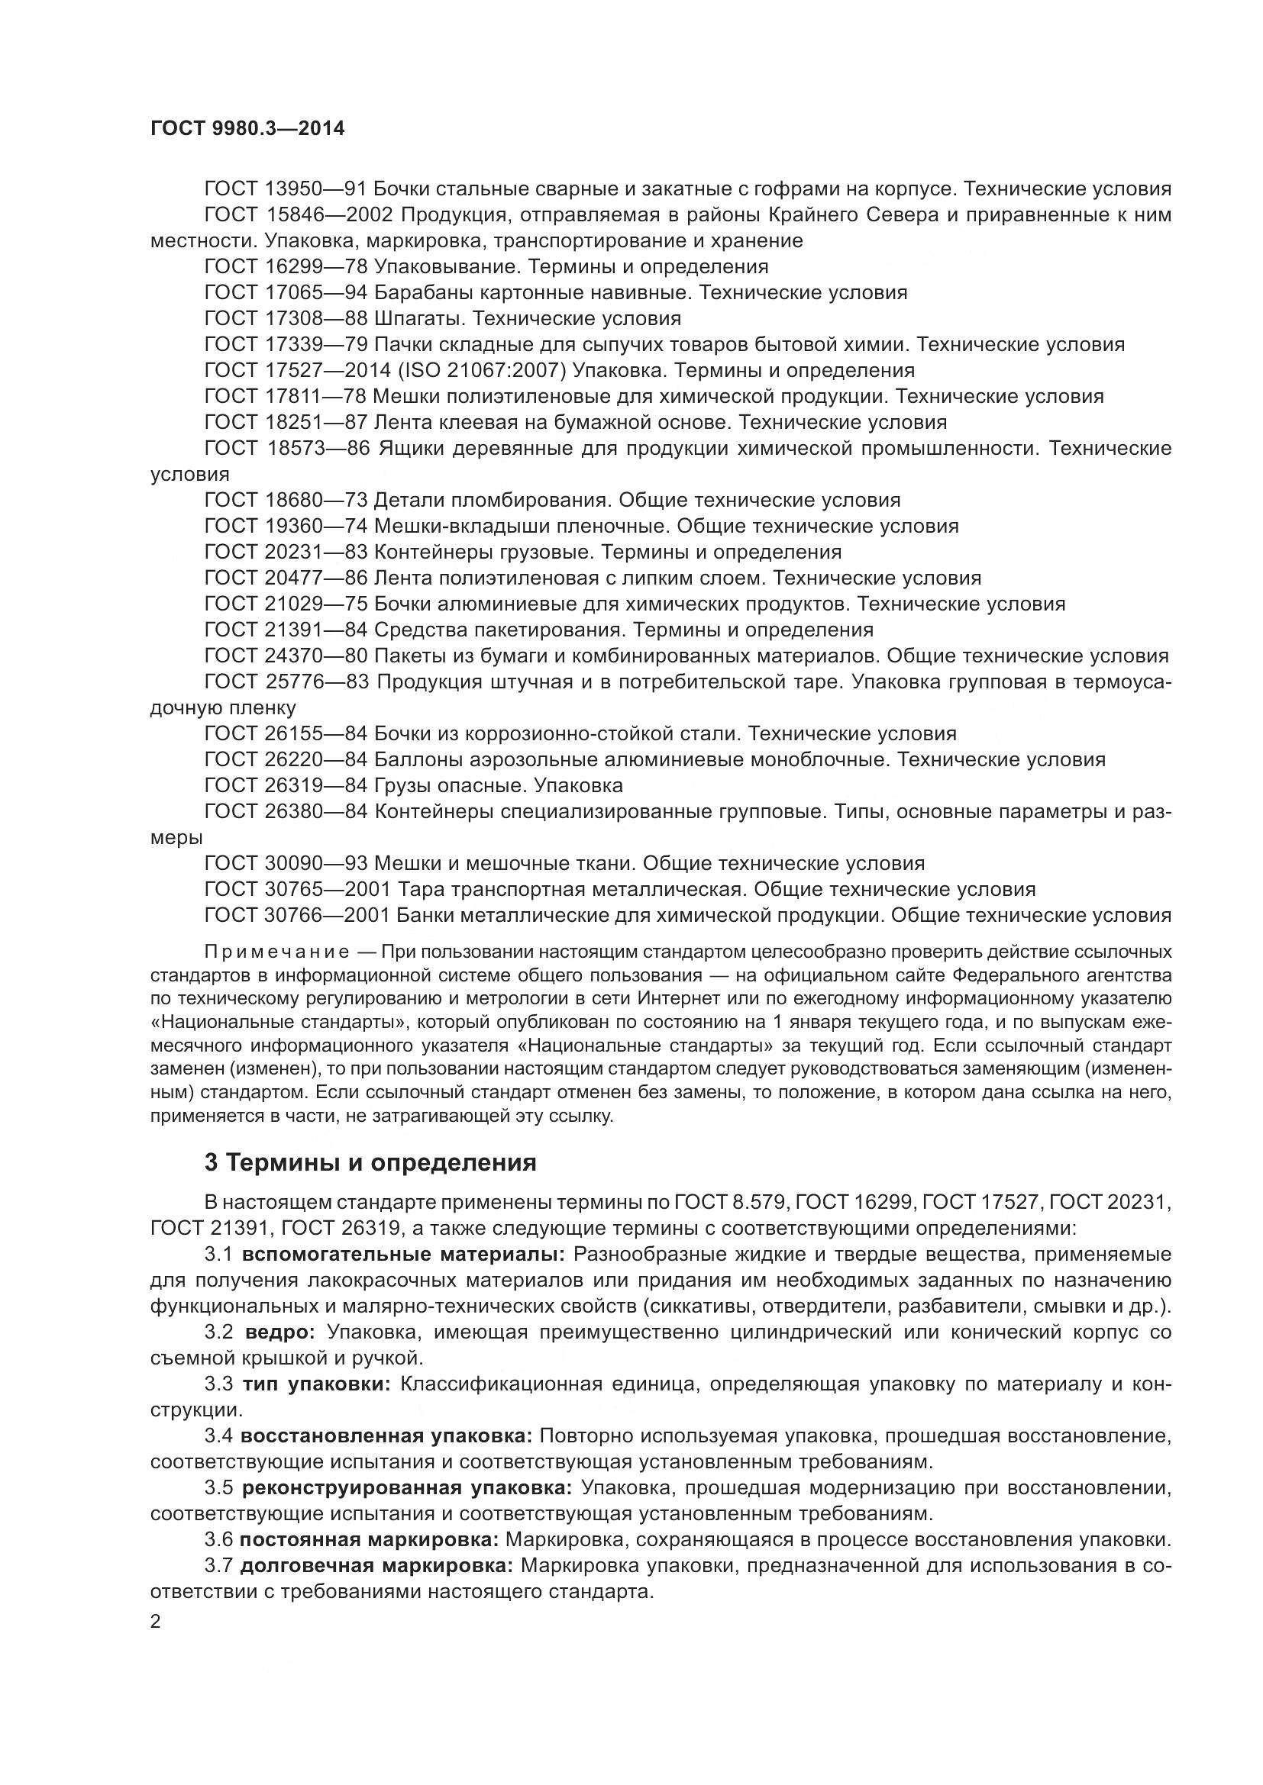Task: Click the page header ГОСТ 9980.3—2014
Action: pyautogui.click(x=247, y=128)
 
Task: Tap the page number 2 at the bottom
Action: pyautogui.click(x=156, y=1622)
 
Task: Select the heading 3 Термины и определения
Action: pyautogui.click(x=370, y=1162)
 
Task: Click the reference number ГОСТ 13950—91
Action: pyautogui.click(x=286, y=189)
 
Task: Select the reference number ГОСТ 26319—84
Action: pyautogui.click(x=286, y=785)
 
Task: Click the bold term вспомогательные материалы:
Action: pyautogui.click(x=403, y=1254)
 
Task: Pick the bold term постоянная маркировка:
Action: pyautogui.click(x=369, y=1539)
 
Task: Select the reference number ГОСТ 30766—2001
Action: pyautogui.click(x=296, y=915)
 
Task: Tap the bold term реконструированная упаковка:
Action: pyautogui.click(x=407, y=1487)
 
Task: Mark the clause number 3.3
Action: pyautogui.click(x=219, y=1384)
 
